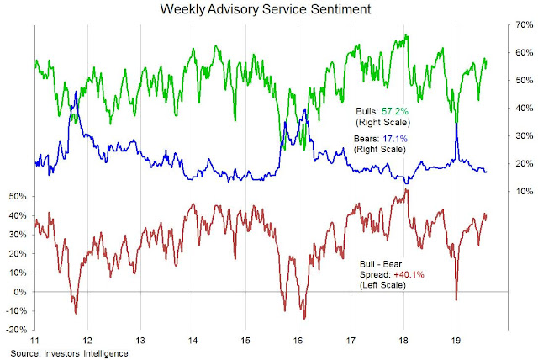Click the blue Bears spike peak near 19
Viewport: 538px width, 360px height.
click(x=456, y=124)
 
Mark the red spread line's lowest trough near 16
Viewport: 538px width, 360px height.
click(x=303, y=319)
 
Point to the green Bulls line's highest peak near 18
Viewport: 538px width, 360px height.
click(x=406, y=35)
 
